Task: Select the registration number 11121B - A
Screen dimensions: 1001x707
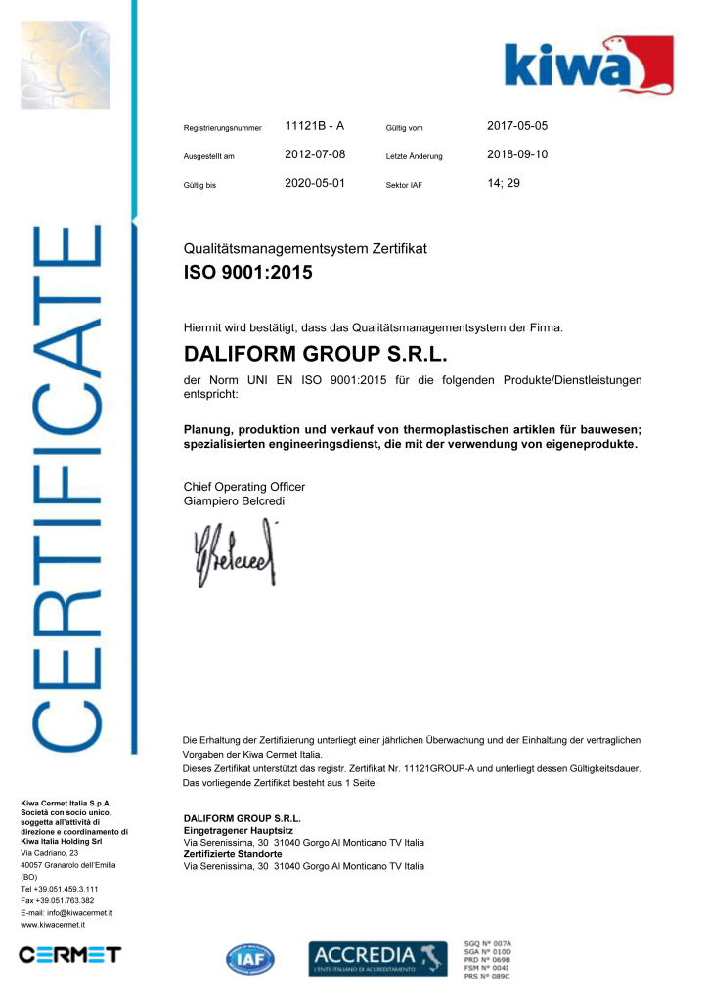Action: (x=314, y=126)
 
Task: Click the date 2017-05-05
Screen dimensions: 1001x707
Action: (x=517, y=126)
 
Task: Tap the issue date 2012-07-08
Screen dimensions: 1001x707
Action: (x=315, y=154)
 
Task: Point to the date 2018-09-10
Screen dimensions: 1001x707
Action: (x=517, y=154)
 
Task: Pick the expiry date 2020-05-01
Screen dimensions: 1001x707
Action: (x=315, y=182)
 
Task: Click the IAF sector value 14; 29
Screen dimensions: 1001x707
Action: (x=503, y=182)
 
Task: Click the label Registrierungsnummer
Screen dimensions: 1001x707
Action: (x=223, y=128)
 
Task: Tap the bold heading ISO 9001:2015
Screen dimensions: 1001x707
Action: (x=248, y=273)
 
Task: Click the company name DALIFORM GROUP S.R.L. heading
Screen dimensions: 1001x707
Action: (x=315, y=354)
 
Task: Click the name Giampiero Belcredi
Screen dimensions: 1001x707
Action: (x=235, y=501)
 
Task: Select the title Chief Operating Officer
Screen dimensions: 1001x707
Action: (x=244, y=487)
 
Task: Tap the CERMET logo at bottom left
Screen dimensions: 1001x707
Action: (x=69, y=954)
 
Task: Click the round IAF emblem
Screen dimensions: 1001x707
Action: (x=251, y=959)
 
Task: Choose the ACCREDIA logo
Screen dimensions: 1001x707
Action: (x=377, y=957)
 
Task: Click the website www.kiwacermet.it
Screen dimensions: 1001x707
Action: (x=53, y=924)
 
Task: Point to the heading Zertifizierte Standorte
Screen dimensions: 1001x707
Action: (x=233, y=853)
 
